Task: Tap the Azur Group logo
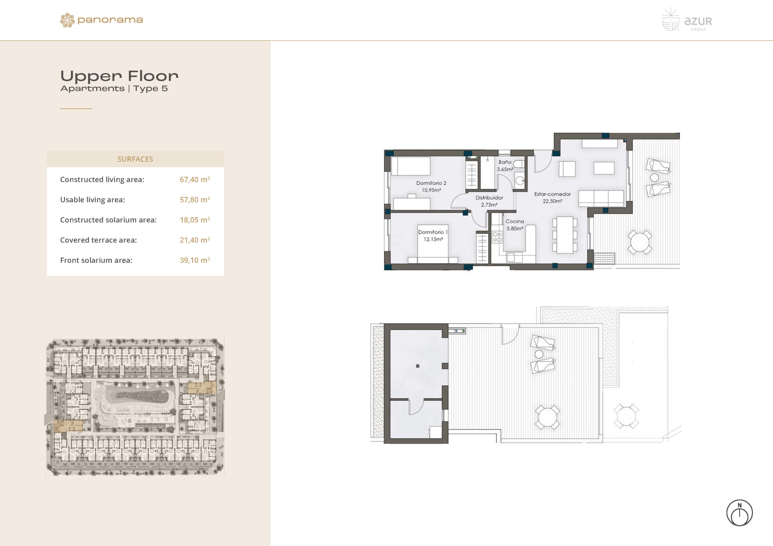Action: [687, 20]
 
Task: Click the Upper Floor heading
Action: [119, 76]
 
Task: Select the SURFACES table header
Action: [135, 159]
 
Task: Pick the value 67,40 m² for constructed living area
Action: [194, 179]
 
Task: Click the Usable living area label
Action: [93, 200]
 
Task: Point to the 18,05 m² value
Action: [194, 220]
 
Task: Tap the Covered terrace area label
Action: [98, 240]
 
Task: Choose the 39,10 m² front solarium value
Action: [194, 260]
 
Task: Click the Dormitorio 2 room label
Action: [431, 183]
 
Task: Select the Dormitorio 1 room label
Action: [433, 232]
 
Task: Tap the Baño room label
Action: [505, 162]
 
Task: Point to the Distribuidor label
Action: [489, 198]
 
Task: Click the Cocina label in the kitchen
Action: [515, 221]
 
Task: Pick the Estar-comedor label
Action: [553, 194]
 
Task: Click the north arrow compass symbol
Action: [739, 513]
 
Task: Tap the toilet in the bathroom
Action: [519, 164]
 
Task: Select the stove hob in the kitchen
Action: [497, 237]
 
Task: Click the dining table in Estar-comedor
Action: [565, 235]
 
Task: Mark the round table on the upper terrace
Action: [640, 242]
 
